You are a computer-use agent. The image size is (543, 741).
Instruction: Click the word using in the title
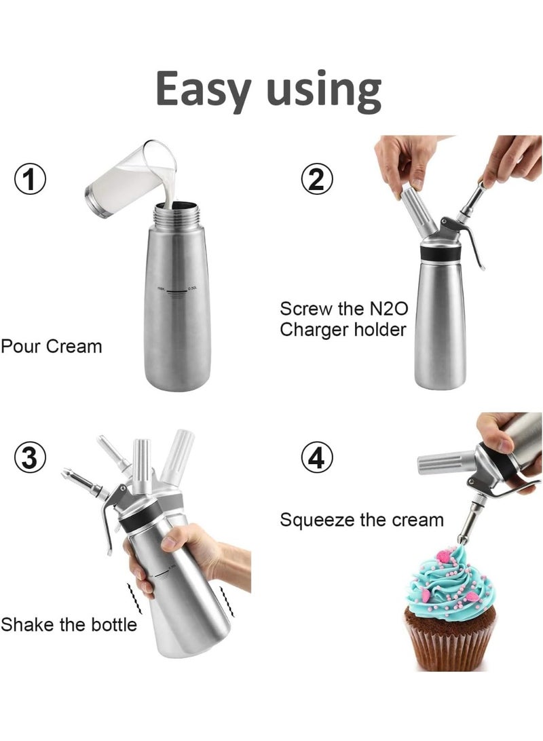pyautogui.click(x=324, y=90)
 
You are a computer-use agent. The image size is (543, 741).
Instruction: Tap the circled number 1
pyautogui.click(x=31, y=181)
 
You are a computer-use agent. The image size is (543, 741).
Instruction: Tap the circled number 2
pyautogui.click(x=317, y=179)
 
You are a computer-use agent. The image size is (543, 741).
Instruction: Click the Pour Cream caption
pyautogui.click(x=51, y=346)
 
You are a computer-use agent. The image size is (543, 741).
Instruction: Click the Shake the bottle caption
pyautogui.click(x=69, y=624)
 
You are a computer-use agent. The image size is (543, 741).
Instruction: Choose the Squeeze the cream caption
pyautogui.click(x=362, y=520)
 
